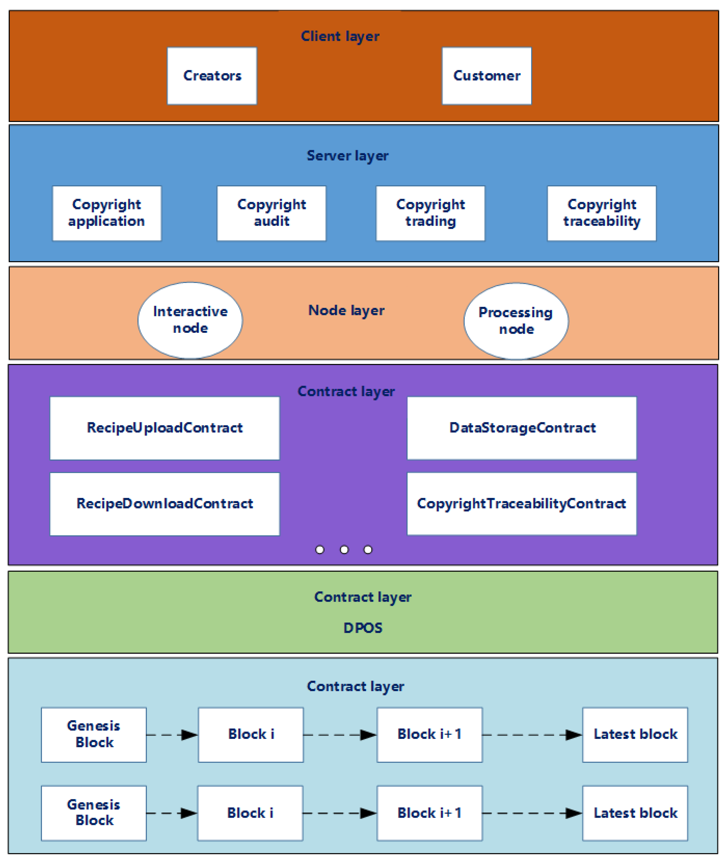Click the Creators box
click(212, 76)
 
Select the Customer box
click(486, 76)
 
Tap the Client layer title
click(340, 36)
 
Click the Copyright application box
click(106, 213)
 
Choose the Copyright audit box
click(271, 213)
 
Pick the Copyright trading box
click(430, 213)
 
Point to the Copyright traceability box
click(601, 213)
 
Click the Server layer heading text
click(347, 156)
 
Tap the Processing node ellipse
click(516, 321)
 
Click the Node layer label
click(346, 310)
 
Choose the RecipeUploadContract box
click(165, 428)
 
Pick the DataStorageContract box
click(522, 428)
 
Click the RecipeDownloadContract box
click(165, 504)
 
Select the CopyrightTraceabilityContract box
click(522, 504)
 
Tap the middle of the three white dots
click(344, 550)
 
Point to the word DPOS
click(362, 628)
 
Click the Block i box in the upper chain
click(251, 734)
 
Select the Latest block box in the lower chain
click(634, 813)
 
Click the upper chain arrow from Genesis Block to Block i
click(172, 735)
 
